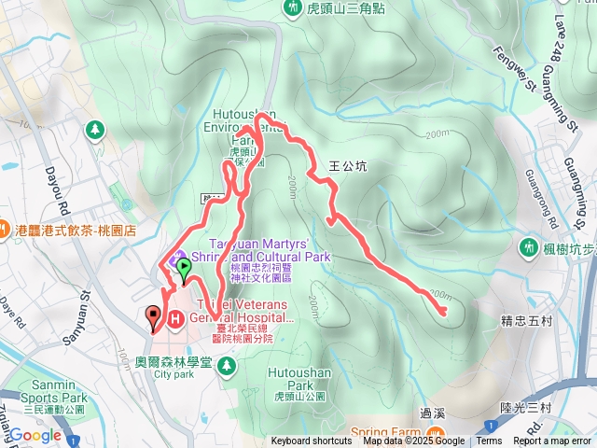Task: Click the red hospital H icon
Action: pos(174,318)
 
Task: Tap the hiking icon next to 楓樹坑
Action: pos(529,247)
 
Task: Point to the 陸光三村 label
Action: pos(526,408)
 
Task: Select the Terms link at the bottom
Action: pos(489,441)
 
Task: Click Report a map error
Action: pos(552,441)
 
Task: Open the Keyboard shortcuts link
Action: pos(312,441)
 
